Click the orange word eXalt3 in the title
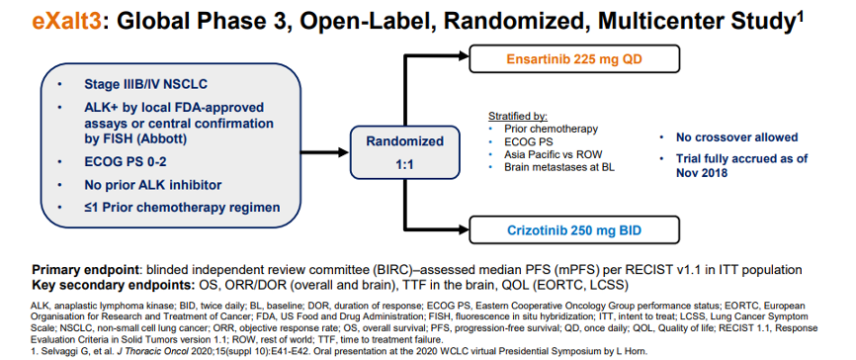coord(67,22)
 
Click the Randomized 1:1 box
coord(404,152)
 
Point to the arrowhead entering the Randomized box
coord(342,152)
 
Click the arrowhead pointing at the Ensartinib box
coord(462,54)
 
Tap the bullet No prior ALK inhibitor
coord(153,185)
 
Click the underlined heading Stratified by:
coord(518,117)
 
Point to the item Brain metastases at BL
coord(559,167)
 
